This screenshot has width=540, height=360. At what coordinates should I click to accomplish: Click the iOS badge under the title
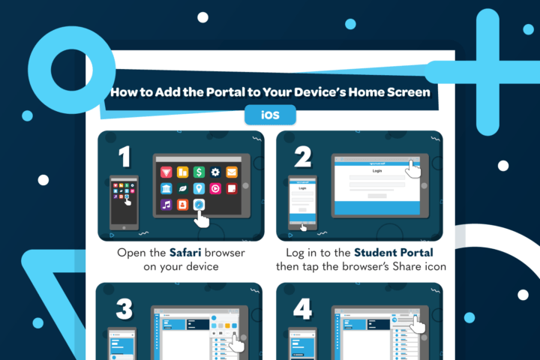pos(270,115)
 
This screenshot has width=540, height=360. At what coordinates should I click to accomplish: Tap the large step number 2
pos(302,156)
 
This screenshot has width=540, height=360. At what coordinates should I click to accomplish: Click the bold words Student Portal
pos(394,253)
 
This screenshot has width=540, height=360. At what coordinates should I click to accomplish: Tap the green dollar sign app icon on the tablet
pos(199,172)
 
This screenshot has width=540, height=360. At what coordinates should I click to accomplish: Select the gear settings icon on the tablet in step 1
pos(215,172)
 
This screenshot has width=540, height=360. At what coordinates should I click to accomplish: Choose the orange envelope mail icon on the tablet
pos(232,172)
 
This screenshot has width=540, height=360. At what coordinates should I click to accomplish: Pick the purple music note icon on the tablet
pos(166,204)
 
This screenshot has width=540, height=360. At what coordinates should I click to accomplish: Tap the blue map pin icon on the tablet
pos(199,188)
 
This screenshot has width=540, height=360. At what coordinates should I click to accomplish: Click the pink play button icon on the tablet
pos(215,188)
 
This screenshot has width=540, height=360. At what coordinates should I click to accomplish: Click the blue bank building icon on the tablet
pos(166,188)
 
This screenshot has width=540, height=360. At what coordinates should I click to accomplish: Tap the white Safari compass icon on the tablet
pos(199,204)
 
